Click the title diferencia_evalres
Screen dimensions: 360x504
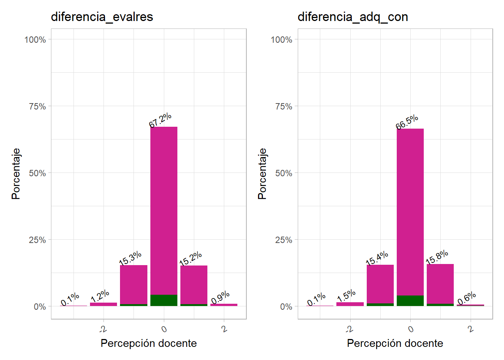(x=102, y=17)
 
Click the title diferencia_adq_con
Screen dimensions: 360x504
(x=352, y=17)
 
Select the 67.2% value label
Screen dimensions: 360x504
(x=160, y=120)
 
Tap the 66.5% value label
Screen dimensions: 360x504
(x=407, y=122)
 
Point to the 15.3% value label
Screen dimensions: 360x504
(x=130, y=258)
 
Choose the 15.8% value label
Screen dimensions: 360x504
(x=437, y=257)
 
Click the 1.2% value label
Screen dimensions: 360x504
(x=100, y=296)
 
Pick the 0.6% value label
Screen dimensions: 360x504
(x=466, y=298)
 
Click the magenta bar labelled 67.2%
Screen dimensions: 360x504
(x=164, y=210)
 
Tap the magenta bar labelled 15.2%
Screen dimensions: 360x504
(x=194, y=285)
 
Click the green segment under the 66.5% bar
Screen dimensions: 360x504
(x=410, y=301)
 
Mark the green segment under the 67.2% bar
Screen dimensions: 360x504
(x=164, y=300)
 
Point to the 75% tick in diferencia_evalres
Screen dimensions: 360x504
(x=37, y=106)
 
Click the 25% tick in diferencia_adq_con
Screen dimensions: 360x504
(x=284, y=240)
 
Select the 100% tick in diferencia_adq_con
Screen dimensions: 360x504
(x=282, y=40)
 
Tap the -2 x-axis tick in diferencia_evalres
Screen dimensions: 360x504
(x=103, y=329)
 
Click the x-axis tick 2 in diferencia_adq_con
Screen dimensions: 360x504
(x=471, y=329)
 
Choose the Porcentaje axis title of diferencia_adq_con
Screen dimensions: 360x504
(x=262, y=174)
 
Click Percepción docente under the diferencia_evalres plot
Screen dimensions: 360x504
(x=148, y=343)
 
